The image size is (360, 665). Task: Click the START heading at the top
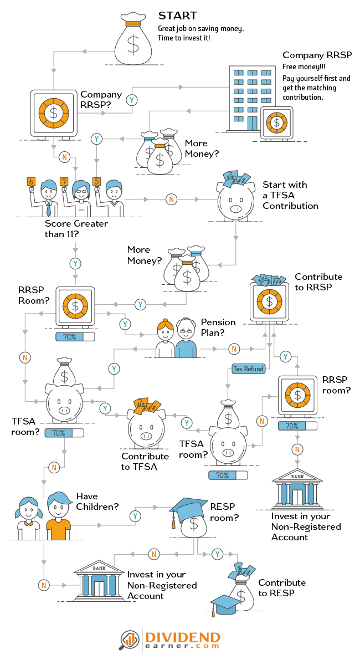tap(177, 16)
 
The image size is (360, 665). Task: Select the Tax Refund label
tap(248, 369)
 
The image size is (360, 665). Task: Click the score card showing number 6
tap(31, 182)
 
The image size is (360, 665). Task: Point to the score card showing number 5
tap(96, 181)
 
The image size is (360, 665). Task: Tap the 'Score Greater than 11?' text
tap(76, 229)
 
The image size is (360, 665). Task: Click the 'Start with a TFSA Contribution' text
tap(290, 195)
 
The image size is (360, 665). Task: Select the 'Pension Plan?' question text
tap(218, 327)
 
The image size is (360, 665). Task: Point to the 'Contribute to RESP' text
tap(281, 587)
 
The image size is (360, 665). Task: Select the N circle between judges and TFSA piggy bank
tap(171, 199)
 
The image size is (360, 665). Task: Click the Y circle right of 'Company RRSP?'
tap(131, 100)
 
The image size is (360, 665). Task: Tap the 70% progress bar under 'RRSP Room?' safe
tap(75, 336)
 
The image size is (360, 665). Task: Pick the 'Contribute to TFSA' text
tap(145, 461)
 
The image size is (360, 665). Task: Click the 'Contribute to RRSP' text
tap(318, 282)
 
